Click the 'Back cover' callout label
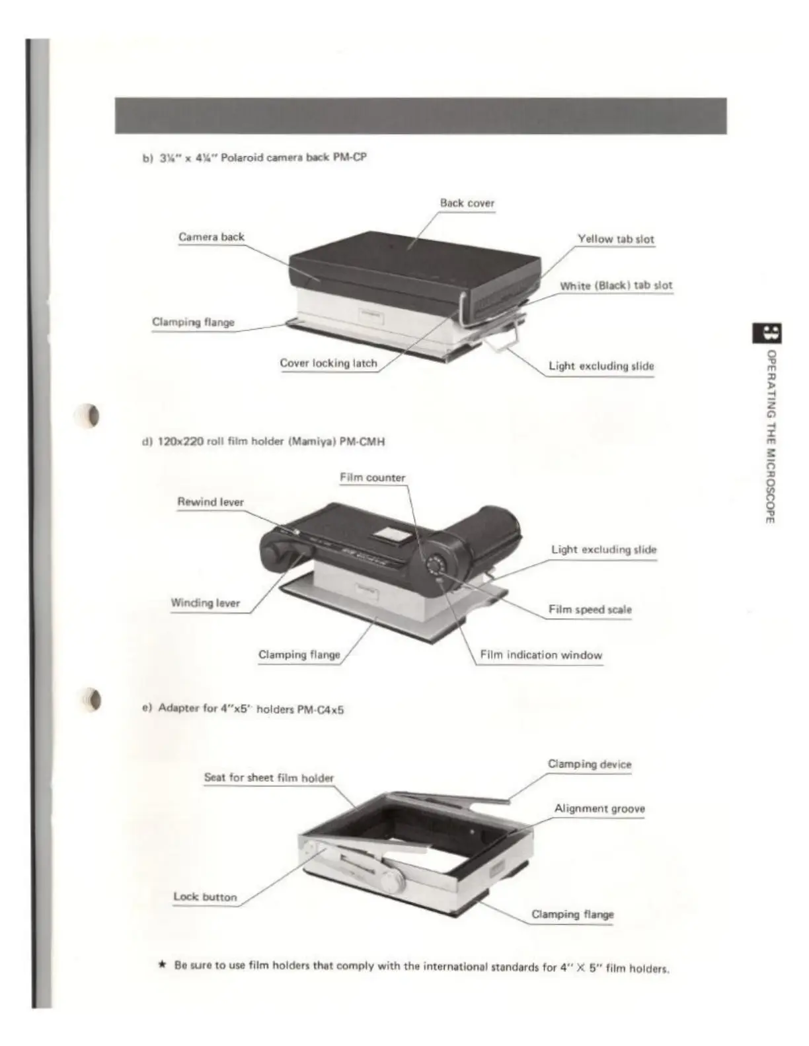click(x=467, y=203)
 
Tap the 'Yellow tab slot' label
click(x=615, y=239)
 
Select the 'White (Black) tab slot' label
click(x=616, y=286)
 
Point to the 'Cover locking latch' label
click(x=328, y=363)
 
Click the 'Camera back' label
click(x=211, y=237)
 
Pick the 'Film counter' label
click(x=372, y=477)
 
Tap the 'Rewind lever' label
click(x=210, y=502)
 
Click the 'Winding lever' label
click(x=205, y=603)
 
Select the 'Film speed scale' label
click(x=590, y=610)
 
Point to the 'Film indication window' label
click(x=541, y=655)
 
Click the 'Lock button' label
click(x=205, y=897)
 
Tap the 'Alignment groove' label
click(x=599, y=808)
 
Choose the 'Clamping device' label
click(x=589, y=764)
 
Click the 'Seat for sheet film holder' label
click(x=268, y=778)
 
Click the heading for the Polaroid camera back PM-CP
click(x=254, y=158)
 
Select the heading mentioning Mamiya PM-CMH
click(x=263, y=441)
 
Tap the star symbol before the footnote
click(x=162, y=964)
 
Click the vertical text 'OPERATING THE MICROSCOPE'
click(x=770, y=436)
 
